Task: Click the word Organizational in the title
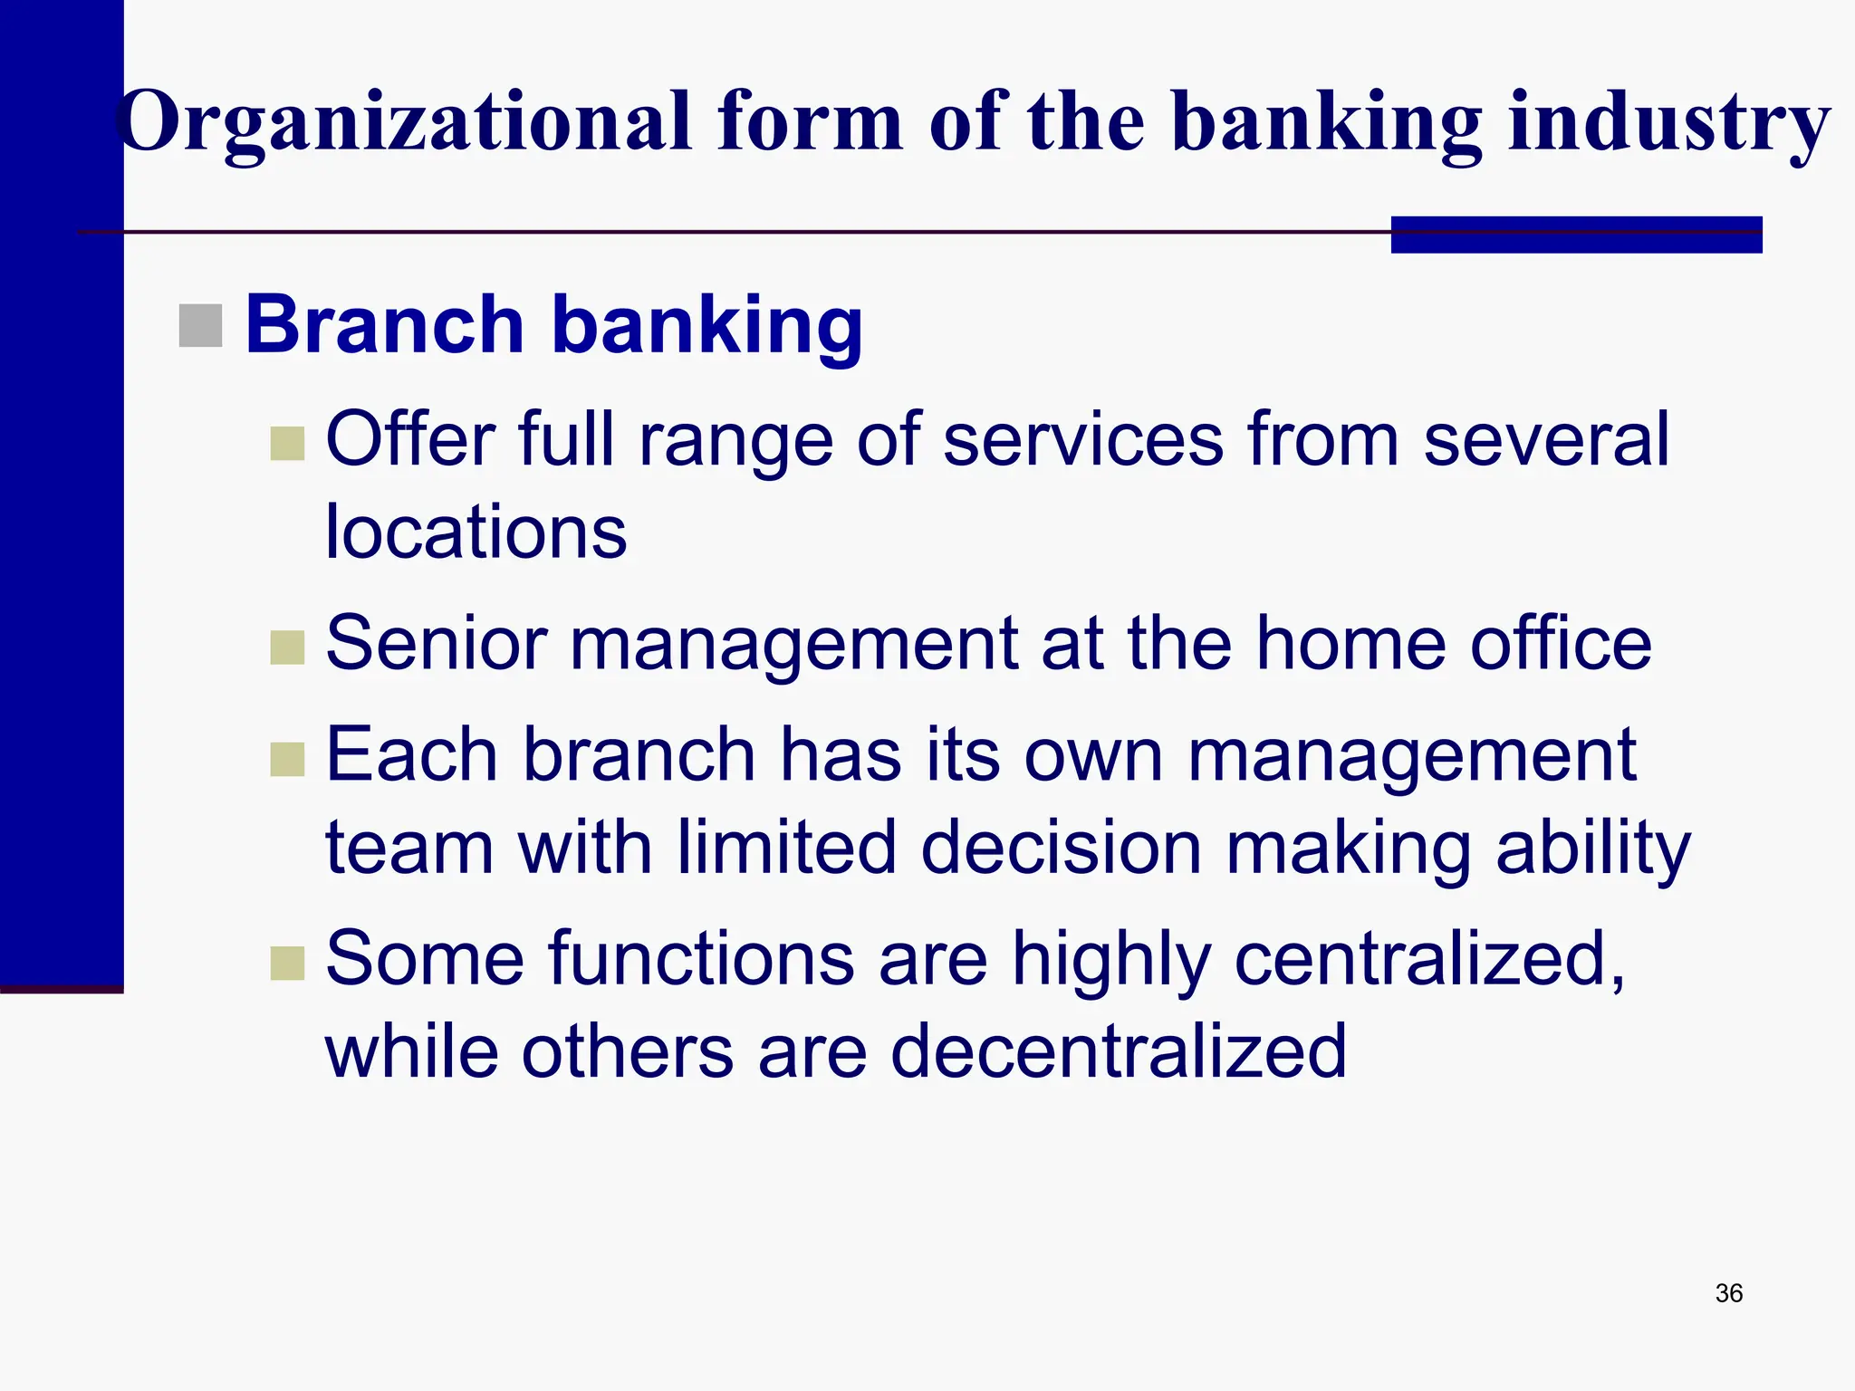pyautogui.click(x=403, y=122)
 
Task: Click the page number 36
pyautogui.click(x=1728, y=1293)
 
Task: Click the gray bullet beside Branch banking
pyautogui.click(x=200, y=326)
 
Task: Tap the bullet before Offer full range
pyautogui.click(x=287, y=444)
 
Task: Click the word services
pyautogui.click(x=1083, y=440)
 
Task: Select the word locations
pyautogui.click(x=476, y=532)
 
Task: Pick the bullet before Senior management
pyautogui.click(x=287, y=648)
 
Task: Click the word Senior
pyautogui.click(x=437, y=644)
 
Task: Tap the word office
pyautogui.click(x=1561, y=644)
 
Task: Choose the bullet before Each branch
pyautogui.click(x=287, y=760)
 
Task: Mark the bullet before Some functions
pyautogui.click(x=287, y=964)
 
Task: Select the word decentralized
pyautogui.click(x=1119, y=1051)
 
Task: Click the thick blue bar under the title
pyautogui.click(x=1576, y=235)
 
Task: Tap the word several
pyautogui.click(x=1545, y=440)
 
